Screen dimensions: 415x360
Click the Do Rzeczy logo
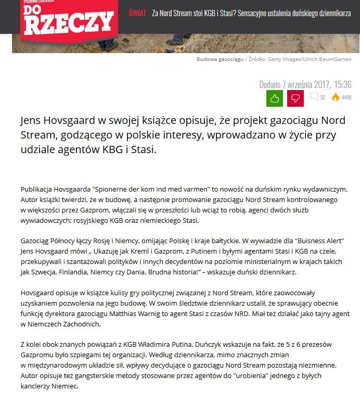click(x=67, y=19)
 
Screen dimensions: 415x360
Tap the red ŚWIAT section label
click(x=137, y=13)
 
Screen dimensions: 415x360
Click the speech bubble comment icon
click(x=314, y=97)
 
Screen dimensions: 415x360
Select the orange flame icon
click(x=336, y=97)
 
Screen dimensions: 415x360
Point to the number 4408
click(x=346, y=97)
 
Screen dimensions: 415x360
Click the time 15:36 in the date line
click(x=342, y=84)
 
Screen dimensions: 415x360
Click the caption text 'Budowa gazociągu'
click(x=220, y=59)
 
